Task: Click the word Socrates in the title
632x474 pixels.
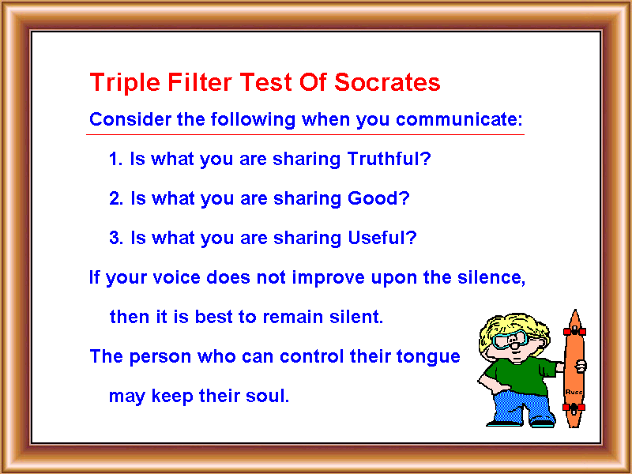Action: tap(387, 82)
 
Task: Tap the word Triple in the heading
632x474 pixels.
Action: tap(125, 84)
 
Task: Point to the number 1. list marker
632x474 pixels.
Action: tap(115, 159)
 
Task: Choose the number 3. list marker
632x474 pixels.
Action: tap(116, 238)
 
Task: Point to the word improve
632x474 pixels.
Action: tap(328, 278)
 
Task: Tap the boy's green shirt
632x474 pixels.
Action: tap(520, 374)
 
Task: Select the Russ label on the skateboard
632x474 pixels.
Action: tap(574, 392)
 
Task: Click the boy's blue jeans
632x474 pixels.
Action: tap(521, 406)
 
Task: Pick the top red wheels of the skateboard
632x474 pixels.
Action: tap(575, 331)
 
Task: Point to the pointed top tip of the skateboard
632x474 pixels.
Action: tap(575, 310)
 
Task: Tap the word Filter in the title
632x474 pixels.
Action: tap(200, 82)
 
